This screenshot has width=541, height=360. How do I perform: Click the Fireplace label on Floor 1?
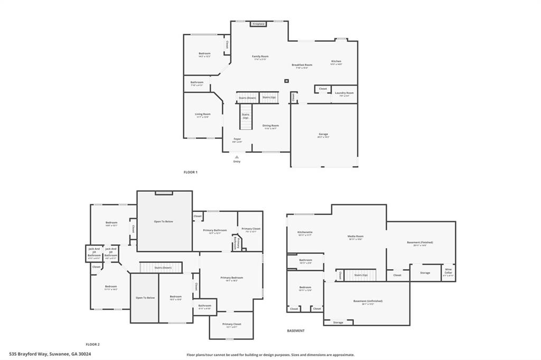[258, 24]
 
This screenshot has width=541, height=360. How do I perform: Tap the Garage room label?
[323, 134]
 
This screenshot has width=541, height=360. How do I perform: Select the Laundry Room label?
[344, 93]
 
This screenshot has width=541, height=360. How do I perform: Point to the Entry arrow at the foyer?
[237, 156]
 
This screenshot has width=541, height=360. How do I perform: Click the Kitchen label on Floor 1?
[336, 62]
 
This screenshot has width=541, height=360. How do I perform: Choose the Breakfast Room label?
[302, 65]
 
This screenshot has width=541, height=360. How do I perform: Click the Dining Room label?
[270, 126]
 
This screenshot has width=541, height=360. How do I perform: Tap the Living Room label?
[202, 115]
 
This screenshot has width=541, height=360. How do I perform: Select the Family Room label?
[260, 56]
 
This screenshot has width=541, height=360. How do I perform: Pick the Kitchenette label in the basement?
[305, 232]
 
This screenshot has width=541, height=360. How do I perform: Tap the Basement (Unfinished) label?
[368, 301]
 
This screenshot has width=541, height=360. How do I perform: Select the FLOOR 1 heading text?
[190, 173]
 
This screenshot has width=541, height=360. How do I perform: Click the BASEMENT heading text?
[296, 331]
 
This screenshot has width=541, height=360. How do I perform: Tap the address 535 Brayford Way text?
[50, 354]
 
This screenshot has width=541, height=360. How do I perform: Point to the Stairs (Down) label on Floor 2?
[163, 268]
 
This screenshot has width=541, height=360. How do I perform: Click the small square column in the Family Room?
[286, 81]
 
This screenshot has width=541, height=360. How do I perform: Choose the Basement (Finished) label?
[420, 243]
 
